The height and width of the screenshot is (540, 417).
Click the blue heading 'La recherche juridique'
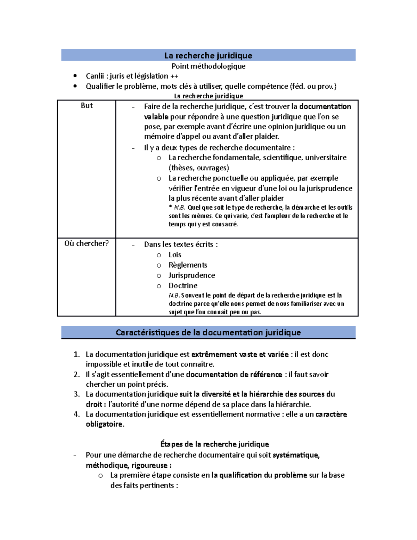point(208,56)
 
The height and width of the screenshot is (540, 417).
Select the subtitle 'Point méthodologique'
point(208,66)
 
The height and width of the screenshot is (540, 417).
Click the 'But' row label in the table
point(87,106)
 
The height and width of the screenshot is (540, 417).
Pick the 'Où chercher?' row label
point(87,243)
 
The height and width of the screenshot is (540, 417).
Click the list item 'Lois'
point(175,255)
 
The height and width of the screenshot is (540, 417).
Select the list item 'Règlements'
point(188,265)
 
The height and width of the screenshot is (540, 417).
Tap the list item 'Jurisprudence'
point(191,275)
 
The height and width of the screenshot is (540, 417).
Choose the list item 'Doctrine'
point(183,286)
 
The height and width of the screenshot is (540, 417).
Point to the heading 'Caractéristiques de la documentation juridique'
point(208,332)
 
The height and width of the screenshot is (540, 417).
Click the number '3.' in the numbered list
point(77,394)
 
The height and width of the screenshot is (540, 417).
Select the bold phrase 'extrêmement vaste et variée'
point(240,354)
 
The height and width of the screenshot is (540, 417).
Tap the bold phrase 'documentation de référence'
point(234,374)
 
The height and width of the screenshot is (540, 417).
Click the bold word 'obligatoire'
point(104,424)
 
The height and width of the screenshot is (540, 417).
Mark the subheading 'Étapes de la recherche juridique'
point(214,444)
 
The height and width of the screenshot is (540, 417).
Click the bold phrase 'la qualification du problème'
point(259,475)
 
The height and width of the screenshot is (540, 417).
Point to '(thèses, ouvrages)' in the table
point(199,168)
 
